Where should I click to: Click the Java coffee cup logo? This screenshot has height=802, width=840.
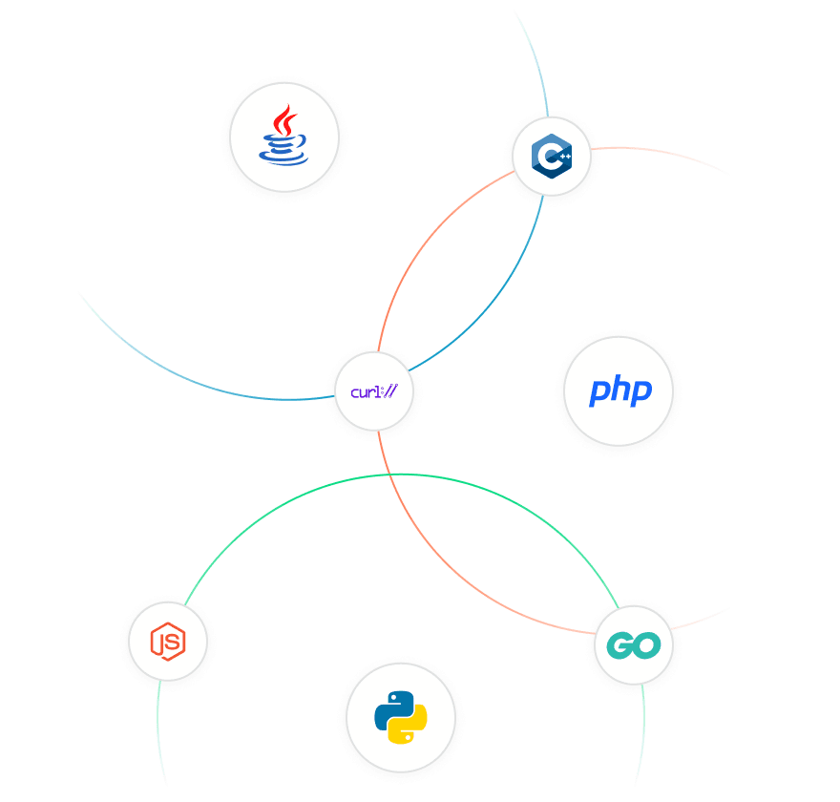tap(283, 135)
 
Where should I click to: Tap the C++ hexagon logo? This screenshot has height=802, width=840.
tap(552, 156)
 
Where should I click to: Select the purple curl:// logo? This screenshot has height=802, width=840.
tap(374, 391)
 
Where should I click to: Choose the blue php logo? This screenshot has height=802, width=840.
tap(620, 390)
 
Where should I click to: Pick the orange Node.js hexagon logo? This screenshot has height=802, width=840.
tap(168, 642)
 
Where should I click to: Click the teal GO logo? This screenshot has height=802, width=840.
tap(633, 645)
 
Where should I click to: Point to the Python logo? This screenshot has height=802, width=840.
tap(401, 717)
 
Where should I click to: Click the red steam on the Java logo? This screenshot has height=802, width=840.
tap(284, 120)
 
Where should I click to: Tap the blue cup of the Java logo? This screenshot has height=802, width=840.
tap(283, 151)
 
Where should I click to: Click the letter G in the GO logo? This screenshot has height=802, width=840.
tap(619, 645)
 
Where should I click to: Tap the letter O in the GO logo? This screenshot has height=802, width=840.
tap(647, 645)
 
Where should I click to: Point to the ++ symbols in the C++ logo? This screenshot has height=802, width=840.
tap(565, 156)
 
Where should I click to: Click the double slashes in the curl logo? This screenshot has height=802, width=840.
tap(391, 391)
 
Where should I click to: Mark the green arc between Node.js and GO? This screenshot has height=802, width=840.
tap(402, 475)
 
